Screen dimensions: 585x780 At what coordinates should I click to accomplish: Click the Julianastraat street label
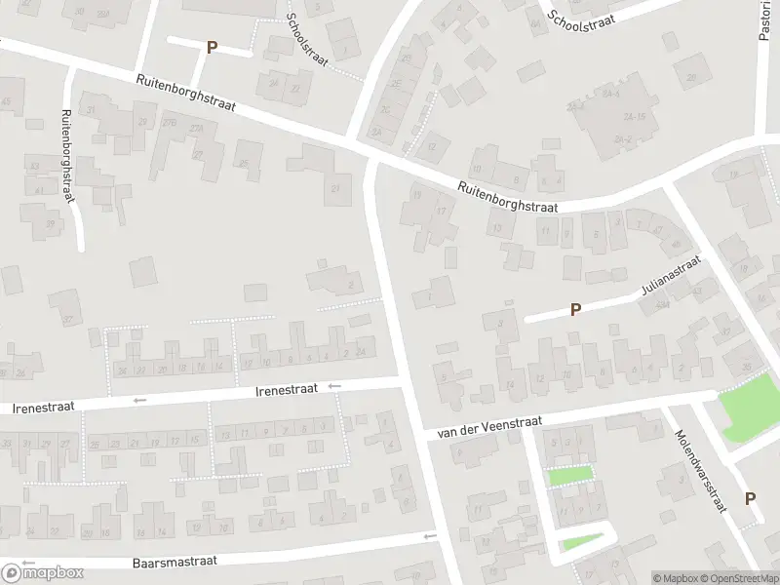pyautogui.click(x=672, y=276)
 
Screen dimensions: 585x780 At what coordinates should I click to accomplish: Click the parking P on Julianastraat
pyautogui.click(x=575, y=310)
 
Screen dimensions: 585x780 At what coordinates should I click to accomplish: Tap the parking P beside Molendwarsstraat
pyautogui.click(x=750, y=498)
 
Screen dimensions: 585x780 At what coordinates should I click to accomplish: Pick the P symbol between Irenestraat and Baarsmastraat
pyautogui.click(x=340, y=497)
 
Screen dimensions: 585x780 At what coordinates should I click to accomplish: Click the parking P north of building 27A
pyautogui.click(x=211, y=47)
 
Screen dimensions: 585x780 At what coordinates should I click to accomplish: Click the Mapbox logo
pyautogui.click(x=43, y=572)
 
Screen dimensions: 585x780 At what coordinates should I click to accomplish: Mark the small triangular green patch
pyautogui.click(x=577, y=543)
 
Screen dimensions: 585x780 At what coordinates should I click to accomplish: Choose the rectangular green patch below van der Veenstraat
pyautogui.click(x=569, y=476)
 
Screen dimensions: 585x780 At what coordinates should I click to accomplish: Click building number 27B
pyautogui.click(x=170, y=122)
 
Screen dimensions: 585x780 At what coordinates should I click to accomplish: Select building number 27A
pyautogui.click(x=198, y=128)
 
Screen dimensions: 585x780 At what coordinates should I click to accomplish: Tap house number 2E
pyautogui.click(x=396, y=85)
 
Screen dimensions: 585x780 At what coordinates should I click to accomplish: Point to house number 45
pyautogui.click(x=6, y=101)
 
